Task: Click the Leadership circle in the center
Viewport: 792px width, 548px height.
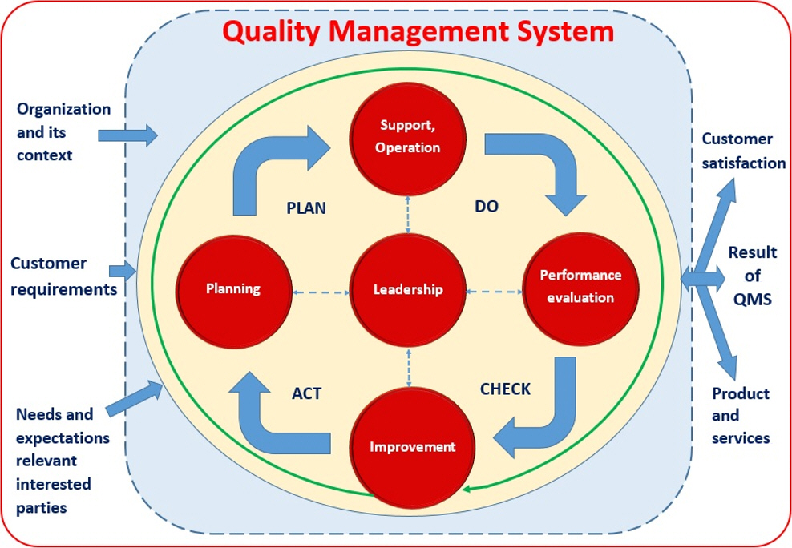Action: pyautogui.click(x=408, y=289)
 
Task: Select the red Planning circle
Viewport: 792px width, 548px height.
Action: pyautogui.click(x=232, y=289)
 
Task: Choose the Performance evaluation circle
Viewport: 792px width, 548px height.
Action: pyautogui.click(x=580, y=286)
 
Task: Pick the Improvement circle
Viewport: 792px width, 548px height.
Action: pyautogui.click(x=412, y=446)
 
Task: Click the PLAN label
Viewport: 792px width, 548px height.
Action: pyautogui.click(x=306, y=208)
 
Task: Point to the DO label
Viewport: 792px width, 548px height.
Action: pyautogui.click(x=487, y=206)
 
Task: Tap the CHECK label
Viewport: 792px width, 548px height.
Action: pyautogui.click(x=505, y=389)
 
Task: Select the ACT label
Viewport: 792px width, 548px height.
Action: pyautogui.click(x=306, y=393)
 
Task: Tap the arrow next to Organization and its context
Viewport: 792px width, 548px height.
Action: pyautogui.click(x=127, y=135)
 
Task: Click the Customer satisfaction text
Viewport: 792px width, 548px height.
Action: pyautogui.click(x=744, y=151)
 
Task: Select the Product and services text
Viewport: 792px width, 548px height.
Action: pyautogui.click(x=741, y=416)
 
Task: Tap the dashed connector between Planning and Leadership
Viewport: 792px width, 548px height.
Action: pyautogui.click(x=321, y=292)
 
